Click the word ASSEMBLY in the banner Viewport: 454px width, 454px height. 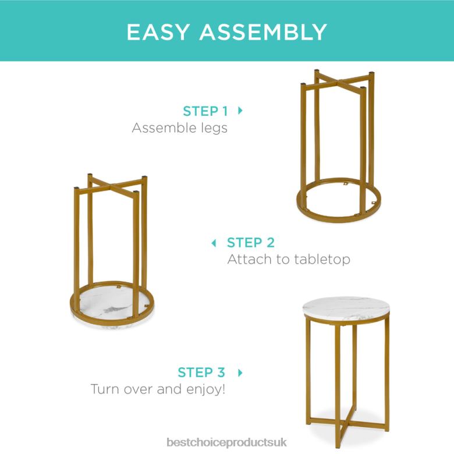pyautogui.click(x=263, y=31)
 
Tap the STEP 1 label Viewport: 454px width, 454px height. pyautogui.click(x=205, y=111)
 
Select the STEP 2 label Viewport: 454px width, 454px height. pyautogui.click(x=251, y=243)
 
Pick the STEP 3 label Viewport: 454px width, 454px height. pyautogui.click(x=201, y=373)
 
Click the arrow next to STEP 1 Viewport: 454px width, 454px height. pyautogui.click(x=240, y=111)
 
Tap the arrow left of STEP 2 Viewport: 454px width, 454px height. pyautogui.click(x=214, y=243)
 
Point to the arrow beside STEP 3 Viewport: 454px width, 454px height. pyautogui.click(x=240, y=373)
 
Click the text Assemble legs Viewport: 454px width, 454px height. pyautogui.click(x=179, y=128)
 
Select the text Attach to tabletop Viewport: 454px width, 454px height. pyautogui.click(x=289, y=259)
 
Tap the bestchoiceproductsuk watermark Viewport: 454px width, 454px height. pyautogui.click(x=227, y=443)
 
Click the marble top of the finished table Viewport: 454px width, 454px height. pyautogui.click(x=346, y=307)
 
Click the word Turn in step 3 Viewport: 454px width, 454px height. pyautogui.click(x=106, y=389)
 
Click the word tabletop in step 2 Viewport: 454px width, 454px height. pyautogui.click(x=322, y=259)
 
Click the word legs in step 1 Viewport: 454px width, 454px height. pyautogui.click(x=212, y=128)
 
